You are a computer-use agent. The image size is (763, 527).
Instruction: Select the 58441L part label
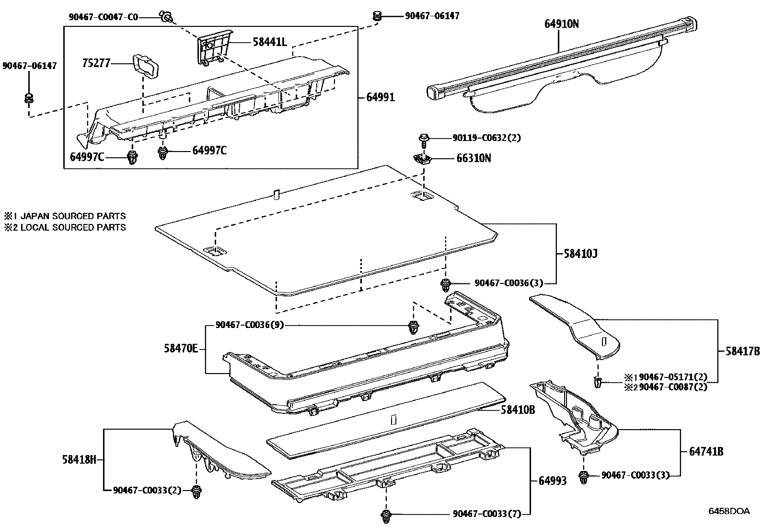(269, 42)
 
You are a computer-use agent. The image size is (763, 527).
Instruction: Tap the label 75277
(96, 63)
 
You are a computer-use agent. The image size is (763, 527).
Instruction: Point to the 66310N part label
(473, 158)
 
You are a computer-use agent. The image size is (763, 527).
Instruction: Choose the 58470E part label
(180, 349)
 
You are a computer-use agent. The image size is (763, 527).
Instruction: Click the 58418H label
(80, 459)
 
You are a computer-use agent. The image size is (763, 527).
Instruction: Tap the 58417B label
(742, 351)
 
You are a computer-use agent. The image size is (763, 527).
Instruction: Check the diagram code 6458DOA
(728, 511)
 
